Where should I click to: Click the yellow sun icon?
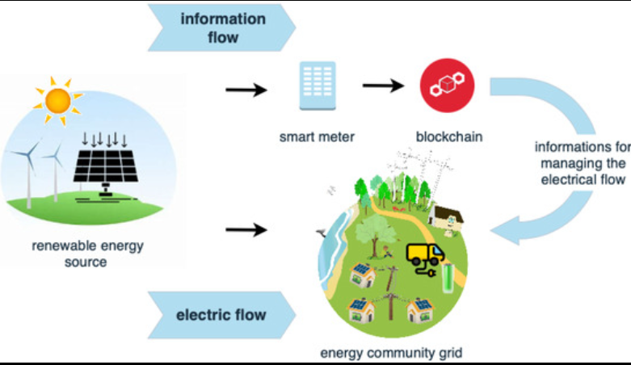coord(58,101)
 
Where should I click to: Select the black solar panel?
coord(105,166)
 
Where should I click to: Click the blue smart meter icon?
coord(318,86)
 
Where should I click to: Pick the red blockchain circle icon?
coord(447,86)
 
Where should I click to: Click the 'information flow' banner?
coord(222,27)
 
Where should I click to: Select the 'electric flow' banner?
coord(222,315)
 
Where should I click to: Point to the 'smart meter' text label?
coord(317,136)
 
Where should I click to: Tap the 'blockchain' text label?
coord(449,136)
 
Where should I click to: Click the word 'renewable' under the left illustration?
coord(61,245)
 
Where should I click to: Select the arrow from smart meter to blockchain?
coord(383,86)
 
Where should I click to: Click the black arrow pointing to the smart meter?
coord(246,90)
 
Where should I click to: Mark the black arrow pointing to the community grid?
coord(246,230)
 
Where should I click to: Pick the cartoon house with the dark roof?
coord(445,220)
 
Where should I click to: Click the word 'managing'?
coord(583,163)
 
